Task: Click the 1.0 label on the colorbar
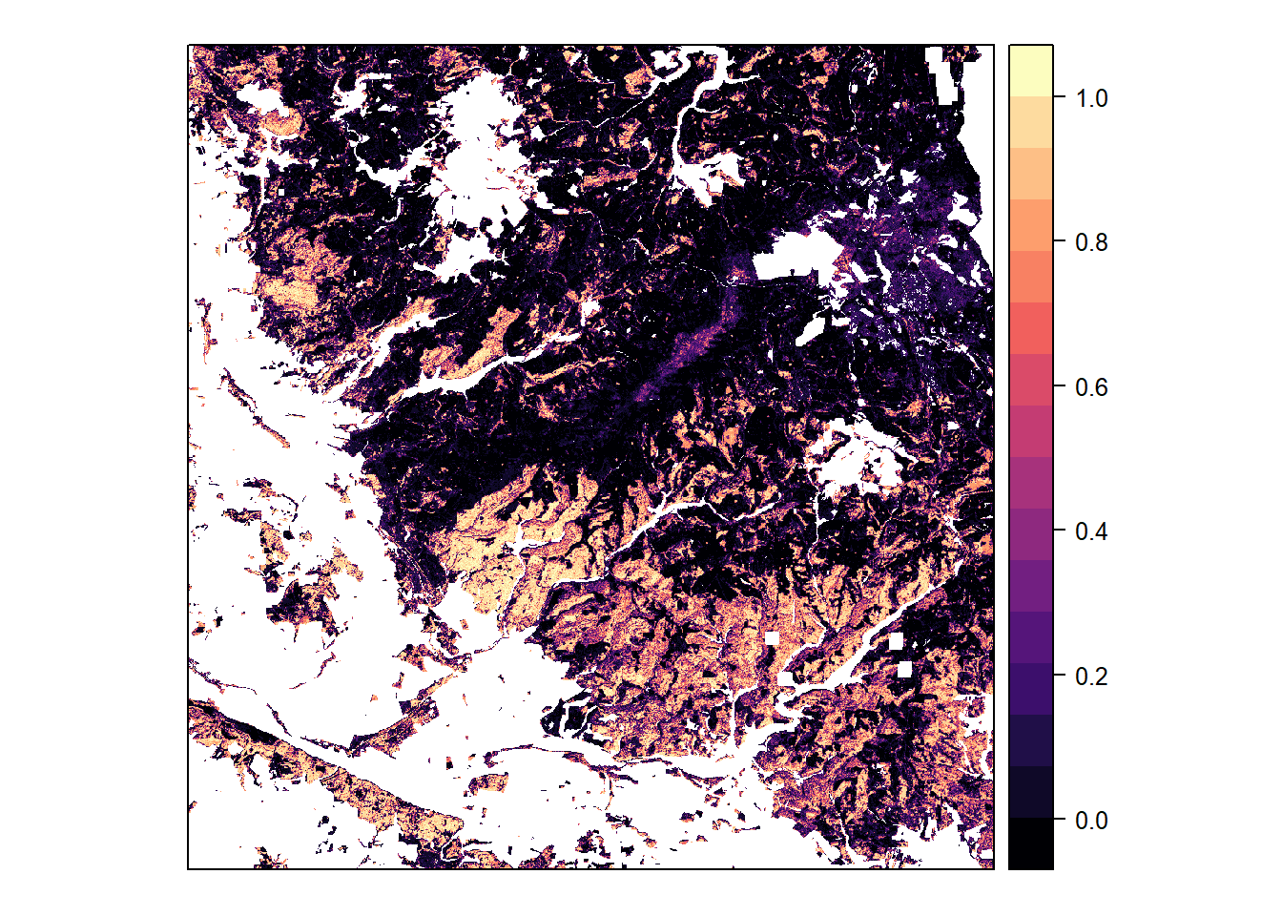(x=1091, y=98)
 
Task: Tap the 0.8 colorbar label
(x=1091, y=242)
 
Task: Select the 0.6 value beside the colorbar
(x=1091, y=387)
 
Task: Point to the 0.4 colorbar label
(x=1091, y=531)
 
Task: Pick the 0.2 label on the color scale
(x=1091, y=677)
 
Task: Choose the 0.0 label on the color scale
(x=1091, y=821)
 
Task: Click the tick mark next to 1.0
(x=1059, y=97)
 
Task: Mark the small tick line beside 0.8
(x=1059, y=241)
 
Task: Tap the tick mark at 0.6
(x=1059, y=386)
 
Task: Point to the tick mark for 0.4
(x=1059, y=531)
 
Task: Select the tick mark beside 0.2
(x=1059, y=676)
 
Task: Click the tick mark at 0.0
(x=1059, y=820)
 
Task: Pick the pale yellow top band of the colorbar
(x=1031, y=70)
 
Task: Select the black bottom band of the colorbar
(x=1031, y=843)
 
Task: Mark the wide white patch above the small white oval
(x=796, y=255)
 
